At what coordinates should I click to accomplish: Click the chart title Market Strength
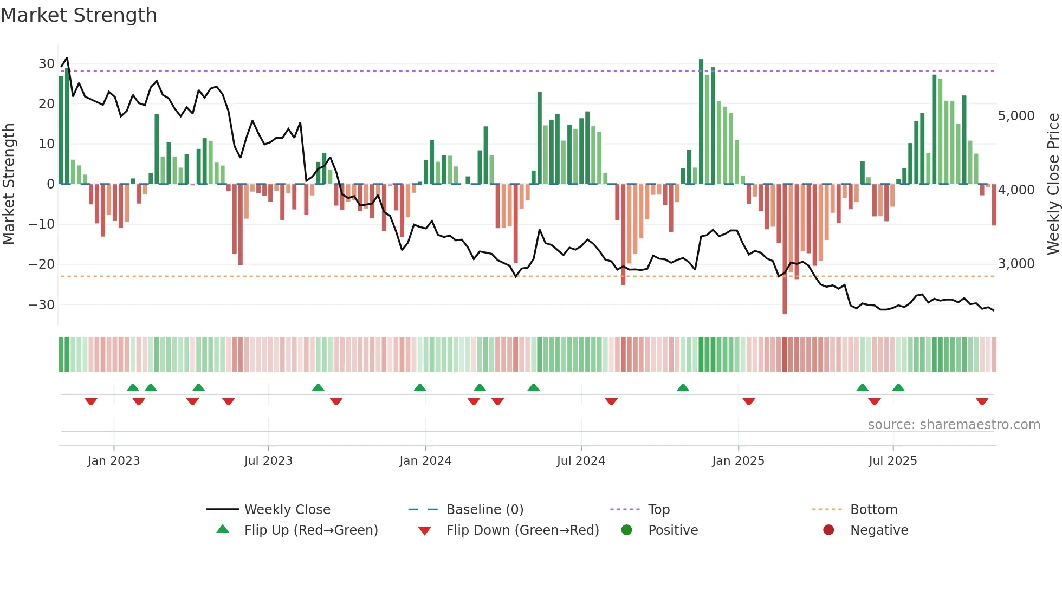point(79,15)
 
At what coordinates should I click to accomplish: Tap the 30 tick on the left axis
point(46,64)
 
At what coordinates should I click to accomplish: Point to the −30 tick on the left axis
point(42,304)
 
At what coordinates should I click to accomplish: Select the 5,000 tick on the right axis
point(1016,116)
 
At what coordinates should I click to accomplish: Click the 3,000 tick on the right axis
point(1016,264)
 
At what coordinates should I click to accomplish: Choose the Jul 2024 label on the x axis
point(581,461)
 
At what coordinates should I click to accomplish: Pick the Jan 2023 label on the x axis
point(114,461)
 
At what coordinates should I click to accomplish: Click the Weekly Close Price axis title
point(1053,184)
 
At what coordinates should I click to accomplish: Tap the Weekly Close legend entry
point(287,510)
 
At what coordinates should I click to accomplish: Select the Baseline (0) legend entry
point(484,510)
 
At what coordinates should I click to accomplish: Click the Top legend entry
point(659,510)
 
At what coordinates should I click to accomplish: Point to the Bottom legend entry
point(873,510)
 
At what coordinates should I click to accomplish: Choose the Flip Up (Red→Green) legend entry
point(310,530)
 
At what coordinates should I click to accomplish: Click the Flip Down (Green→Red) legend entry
point(522,530)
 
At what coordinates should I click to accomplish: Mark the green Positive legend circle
point(627,530)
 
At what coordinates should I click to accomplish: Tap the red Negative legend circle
point(828,530)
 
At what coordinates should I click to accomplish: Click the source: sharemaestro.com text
point(954,425)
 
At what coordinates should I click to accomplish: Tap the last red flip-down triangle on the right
point(982,401)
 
